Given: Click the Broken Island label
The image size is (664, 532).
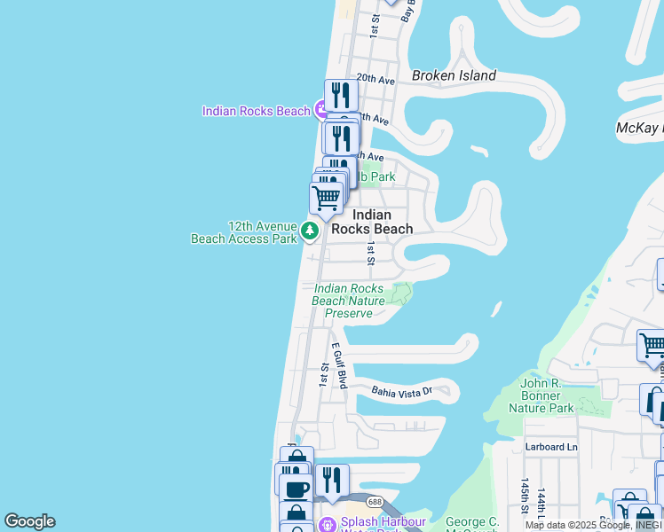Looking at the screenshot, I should click(453, 75).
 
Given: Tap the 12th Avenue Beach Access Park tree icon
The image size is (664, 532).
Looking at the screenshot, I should click(309, 231).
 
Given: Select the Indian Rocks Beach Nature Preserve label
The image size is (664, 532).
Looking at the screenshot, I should click(349, 301).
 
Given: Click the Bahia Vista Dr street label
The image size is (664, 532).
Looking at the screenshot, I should click(401, 390).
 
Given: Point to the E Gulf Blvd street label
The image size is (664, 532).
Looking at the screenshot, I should click(339, 365).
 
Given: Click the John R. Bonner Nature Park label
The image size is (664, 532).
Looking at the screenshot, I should click(541, 395).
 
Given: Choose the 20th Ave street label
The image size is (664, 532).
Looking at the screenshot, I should click(375, 80).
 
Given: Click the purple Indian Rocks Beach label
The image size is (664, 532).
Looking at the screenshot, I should click(256, 111).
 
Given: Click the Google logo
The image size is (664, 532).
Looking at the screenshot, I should click(29, 521).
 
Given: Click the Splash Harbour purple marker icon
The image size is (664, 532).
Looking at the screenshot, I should click(326, 524).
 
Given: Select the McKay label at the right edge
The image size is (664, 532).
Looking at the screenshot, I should click(639, 129).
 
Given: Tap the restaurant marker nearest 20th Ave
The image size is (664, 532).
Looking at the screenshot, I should click(341, 95).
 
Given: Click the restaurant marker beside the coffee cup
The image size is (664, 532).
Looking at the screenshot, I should click(331, 480).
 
